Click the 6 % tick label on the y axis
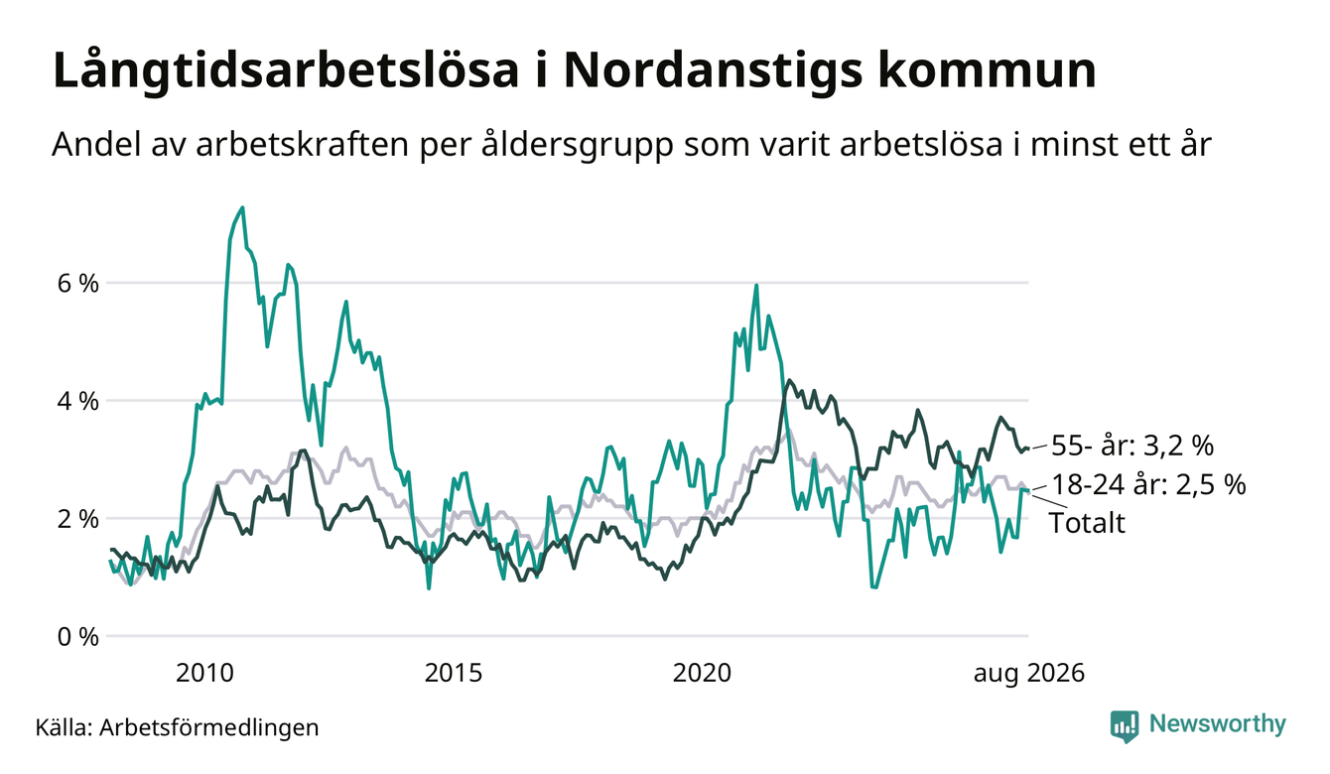(77, 284)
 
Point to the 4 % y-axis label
(77, 401)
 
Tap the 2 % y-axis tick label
(77, 519)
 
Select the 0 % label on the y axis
(77, 637)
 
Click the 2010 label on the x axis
(204, 673)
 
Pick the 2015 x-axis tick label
(453, 673)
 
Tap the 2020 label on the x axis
(702, 673)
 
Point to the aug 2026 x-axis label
(1029, 674)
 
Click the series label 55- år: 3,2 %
(1132, 446)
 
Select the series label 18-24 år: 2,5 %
(1148, 484)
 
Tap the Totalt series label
(1087, 523)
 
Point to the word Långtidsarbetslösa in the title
(286, 72)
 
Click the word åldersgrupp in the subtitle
(577, 145)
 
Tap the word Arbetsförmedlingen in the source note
(209, 727)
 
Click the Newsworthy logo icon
(1125, 726)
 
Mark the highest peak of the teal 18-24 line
(242, 207)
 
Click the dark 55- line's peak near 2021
(788, 380)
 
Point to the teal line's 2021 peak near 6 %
(756, 285)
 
